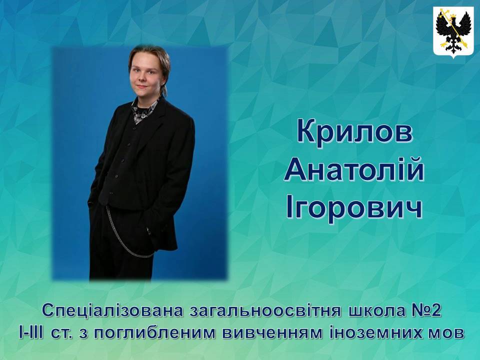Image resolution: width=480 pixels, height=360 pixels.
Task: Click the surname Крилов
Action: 354,132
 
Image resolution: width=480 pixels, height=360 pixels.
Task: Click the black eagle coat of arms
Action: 453,30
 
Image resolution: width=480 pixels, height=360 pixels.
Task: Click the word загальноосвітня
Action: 265,311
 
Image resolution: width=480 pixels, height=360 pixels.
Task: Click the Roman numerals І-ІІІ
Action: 31,333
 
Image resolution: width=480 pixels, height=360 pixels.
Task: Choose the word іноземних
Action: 372,333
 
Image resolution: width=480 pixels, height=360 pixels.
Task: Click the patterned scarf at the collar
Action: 144,109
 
